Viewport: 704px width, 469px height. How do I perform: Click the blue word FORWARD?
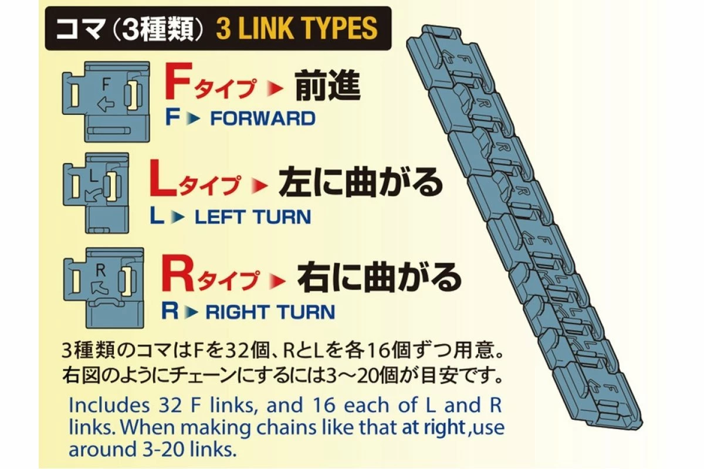[263, 118]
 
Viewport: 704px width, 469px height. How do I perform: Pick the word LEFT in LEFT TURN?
[219, 217]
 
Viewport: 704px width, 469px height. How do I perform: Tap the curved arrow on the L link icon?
[93, 195]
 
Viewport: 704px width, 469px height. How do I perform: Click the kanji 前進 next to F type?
[328, 86]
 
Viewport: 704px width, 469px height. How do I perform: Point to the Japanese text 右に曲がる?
[380, 278]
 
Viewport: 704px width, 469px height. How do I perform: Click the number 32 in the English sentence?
[171, 405]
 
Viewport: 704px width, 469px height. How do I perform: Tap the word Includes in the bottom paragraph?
[109, 405]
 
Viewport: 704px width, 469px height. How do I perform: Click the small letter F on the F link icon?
[106, 84]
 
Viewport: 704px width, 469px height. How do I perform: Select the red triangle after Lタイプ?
[260, 186]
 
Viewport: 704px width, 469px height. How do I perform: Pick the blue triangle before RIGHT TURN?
[192, 312]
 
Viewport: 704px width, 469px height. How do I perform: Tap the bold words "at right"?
[434, 427]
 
